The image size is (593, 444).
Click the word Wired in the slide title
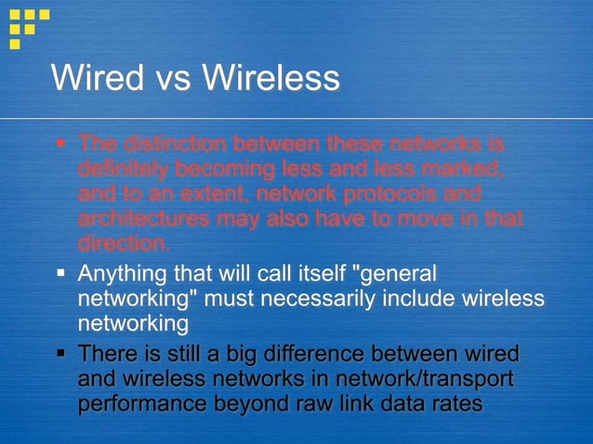point(96,77)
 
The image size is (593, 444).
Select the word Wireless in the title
point(270,77)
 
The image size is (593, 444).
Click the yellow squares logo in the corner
point(28,27)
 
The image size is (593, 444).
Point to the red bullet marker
point(60,144)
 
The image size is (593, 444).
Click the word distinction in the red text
point(178,144)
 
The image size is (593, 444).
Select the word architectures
point(143,219)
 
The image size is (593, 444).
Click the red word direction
point(124,244)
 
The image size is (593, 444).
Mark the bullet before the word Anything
point(60,275)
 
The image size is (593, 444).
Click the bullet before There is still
point(60,355)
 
